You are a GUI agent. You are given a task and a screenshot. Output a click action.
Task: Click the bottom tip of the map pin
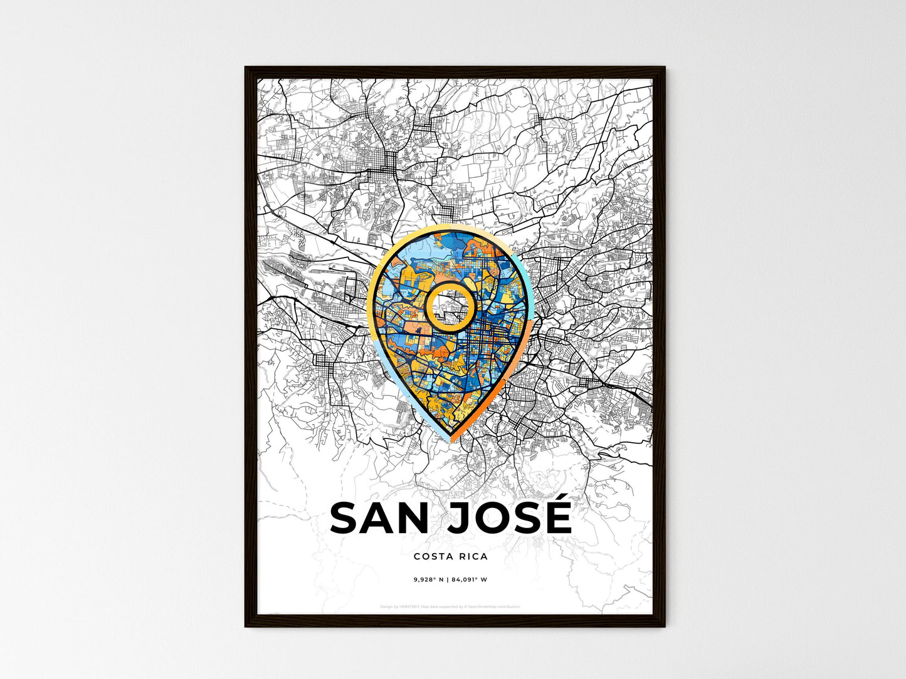pos(450,440)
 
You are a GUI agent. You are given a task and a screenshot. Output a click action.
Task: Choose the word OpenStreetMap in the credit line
pos(483,606)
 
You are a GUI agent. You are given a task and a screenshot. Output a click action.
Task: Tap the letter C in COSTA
pos(417,556)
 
